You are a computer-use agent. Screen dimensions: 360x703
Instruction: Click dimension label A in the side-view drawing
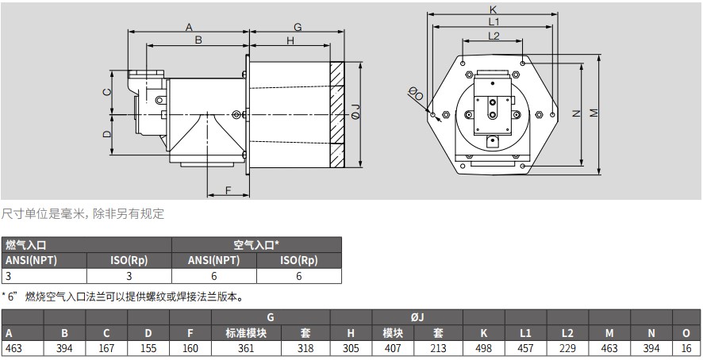click(189, 27)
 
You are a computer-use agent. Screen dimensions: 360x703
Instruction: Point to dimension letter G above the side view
click(298, 26)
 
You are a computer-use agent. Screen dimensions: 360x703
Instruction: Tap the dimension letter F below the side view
click(227, 190)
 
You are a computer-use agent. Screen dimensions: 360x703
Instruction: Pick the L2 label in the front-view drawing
click(493, 36)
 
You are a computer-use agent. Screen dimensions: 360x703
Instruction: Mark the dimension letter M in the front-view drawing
click(594, 113)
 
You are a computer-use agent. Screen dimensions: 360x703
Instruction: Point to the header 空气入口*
click(255, 245)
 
